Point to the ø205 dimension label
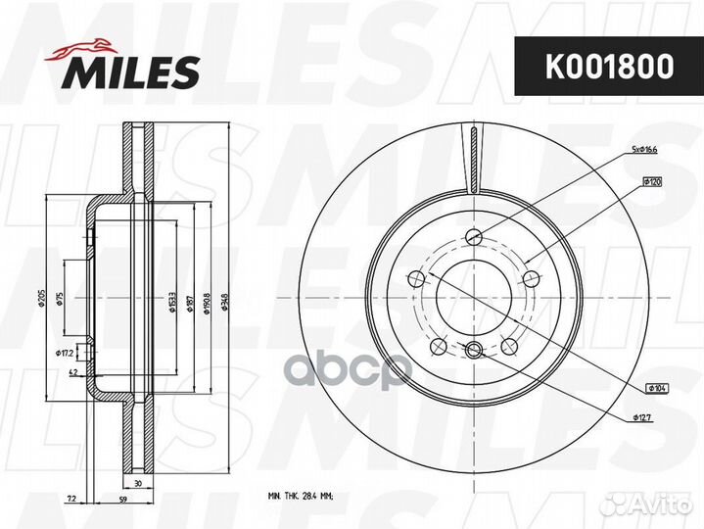(x=40, y=298)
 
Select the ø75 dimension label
(x=61, y=299)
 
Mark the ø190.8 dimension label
(x=208, y=298)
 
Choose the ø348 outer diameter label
(x=225, y=298)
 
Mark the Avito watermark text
(x=650, y=505)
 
